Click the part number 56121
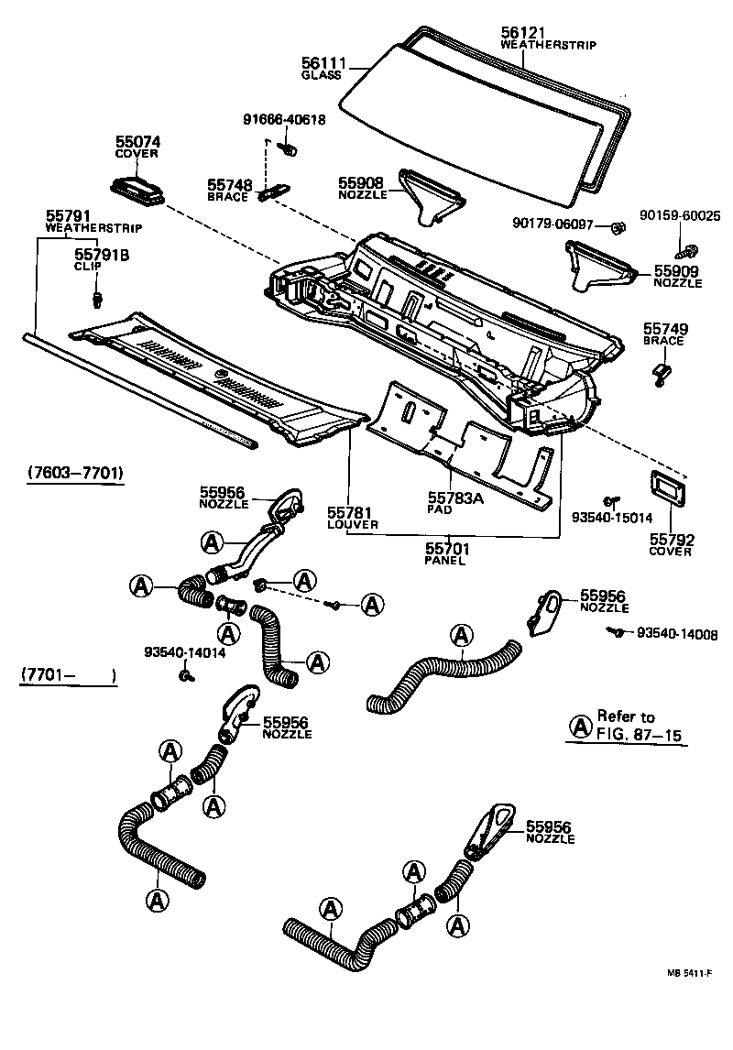[523, 31]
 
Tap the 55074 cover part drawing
[137, 189]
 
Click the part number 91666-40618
[283, 120]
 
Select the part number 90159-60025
[681, 215]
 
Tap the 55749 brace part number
[665, 329]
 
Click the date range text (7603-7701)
[71, 474]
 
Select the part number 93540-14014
[184, 652]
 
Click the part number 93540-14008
[677, 633]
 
